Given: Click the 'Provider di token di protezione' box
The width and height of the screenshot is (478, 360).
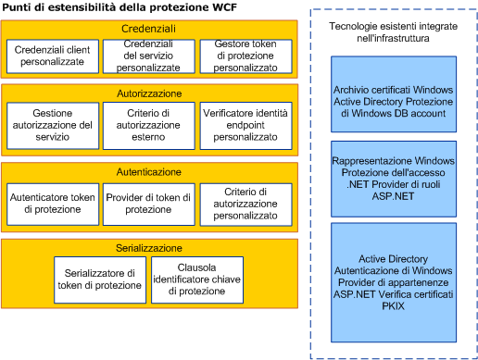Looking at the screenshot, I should tap(148, 204).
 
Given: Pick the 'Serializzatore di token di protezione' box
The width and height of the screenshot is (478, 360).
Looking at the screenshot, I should tap(99, 279).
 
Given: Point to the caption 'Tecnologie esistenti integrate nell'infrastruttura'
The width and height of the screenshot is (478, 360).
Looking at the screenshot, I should tap(394, 31).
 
